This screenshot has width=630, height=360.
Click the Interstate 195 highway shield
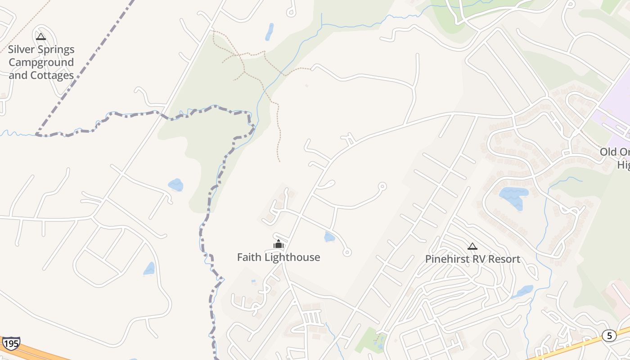[11, 343]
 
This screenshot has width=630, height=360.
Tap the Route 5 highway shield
[609, 335]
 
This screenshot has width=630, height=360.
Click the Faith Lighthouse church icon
[279, 244]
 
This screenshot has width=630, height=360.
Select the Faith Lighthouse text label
[279, 257]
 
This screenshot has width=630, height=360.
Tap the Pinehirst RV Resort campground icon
[472, 246]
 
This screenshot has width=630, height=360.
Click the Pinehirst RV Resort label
[472, 259]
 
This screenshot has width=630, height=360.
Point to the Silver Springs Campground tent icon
[41, 36]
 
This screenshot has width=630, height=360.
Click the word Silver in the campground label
[23, 49]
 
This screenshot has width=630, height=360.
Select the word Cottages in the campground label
[51, 75]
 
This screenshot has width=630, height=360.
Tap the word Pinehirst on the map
[445, 259]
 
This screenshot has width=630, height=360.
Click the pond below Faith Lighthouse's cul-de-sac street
[330, 237]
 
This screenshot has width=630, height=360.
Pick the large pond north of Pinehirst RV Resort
[513, 196]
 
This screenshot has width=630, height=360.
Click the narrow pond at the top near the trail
[270, 31]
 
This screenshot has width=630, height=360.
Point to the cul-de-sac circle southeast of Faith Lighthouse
[347, 252]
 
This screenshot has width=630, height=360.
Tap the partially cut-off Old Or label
[615, 152]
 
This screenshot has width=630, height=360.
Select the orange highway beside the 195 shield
[40, 352]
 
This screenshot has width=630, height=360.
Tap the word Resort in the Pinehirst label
[505, 259]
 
